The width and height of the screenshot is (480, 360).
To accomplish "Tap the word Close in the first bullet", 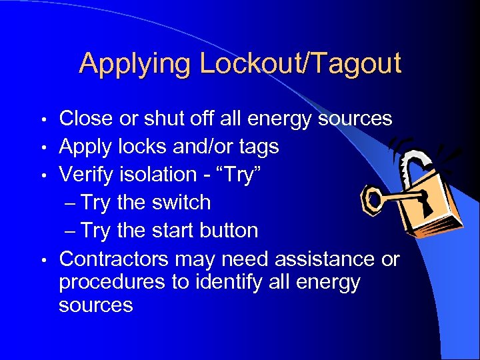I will click(x=85, y=119).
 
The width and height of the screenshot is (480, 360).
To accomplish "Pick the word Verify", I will click(x=86, y=175).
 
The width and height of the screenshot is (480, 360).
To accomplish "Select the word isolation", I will click(x=159, y=175).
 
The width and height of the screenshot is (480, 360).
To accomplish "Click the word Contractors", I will click(x=114, y=259).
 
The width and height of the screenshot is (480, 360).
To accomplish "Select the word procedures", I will click(x=112, y=282).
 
